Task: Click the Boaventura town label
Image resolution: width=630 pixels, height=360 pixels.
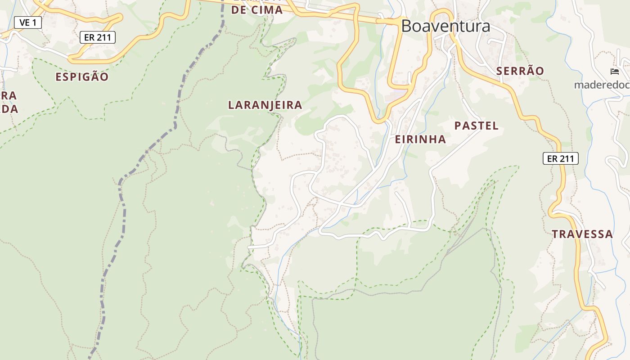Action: click(445, 26)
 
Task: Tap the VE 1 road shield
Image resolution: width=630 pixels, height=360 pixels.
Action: click(28, 22)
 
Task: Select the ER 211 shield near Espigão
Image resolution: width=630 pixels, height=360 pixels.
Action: click(98, 37)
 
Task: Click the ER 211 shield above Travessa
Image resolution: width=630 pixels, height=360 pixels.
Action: click(560, 158)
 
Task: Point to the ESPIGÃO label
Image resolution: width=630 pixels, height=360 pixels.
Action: click(82, 77)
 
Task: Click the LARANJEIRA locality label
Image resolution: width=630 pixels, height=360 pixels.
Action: click(265, 105)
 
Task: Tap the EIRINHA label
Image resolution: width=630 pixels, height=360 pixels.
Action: click(420, 139)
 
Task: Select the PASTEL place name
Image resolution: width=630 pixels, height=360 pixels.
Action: click(477, 126)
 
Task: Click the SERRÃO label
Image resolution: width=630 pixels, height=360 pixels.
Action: click(520, 71)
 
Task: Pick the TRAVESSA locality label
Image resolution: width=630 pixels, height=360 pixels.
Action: click(582, 234)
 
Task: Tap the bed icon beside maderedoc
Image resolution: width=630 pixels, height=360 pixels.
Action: click(614, 72)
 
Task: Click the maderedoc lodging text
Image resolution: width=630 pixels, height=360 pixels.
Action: click(601, 85)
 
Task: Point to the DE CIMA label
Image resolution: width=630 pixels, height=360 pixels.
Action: click(257, 10)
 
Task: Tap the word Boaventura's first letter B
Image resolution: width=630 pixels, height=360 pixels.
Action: click(406, 26)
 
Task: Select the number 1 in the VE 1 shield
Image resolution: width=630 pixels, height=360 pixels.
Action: click(34, 22)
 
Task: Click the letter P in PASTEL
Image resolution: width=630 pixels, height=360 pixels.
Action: click(458, 126)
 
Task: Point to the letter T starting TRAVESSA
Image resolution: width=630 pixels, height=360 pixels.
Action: click(555, 234)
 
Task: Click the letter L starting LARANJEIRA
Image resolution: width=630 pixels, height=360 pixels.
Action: click(231, 105)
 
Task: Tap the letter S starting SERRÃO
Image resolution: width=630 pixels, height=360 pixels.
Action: click(499, 71)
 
